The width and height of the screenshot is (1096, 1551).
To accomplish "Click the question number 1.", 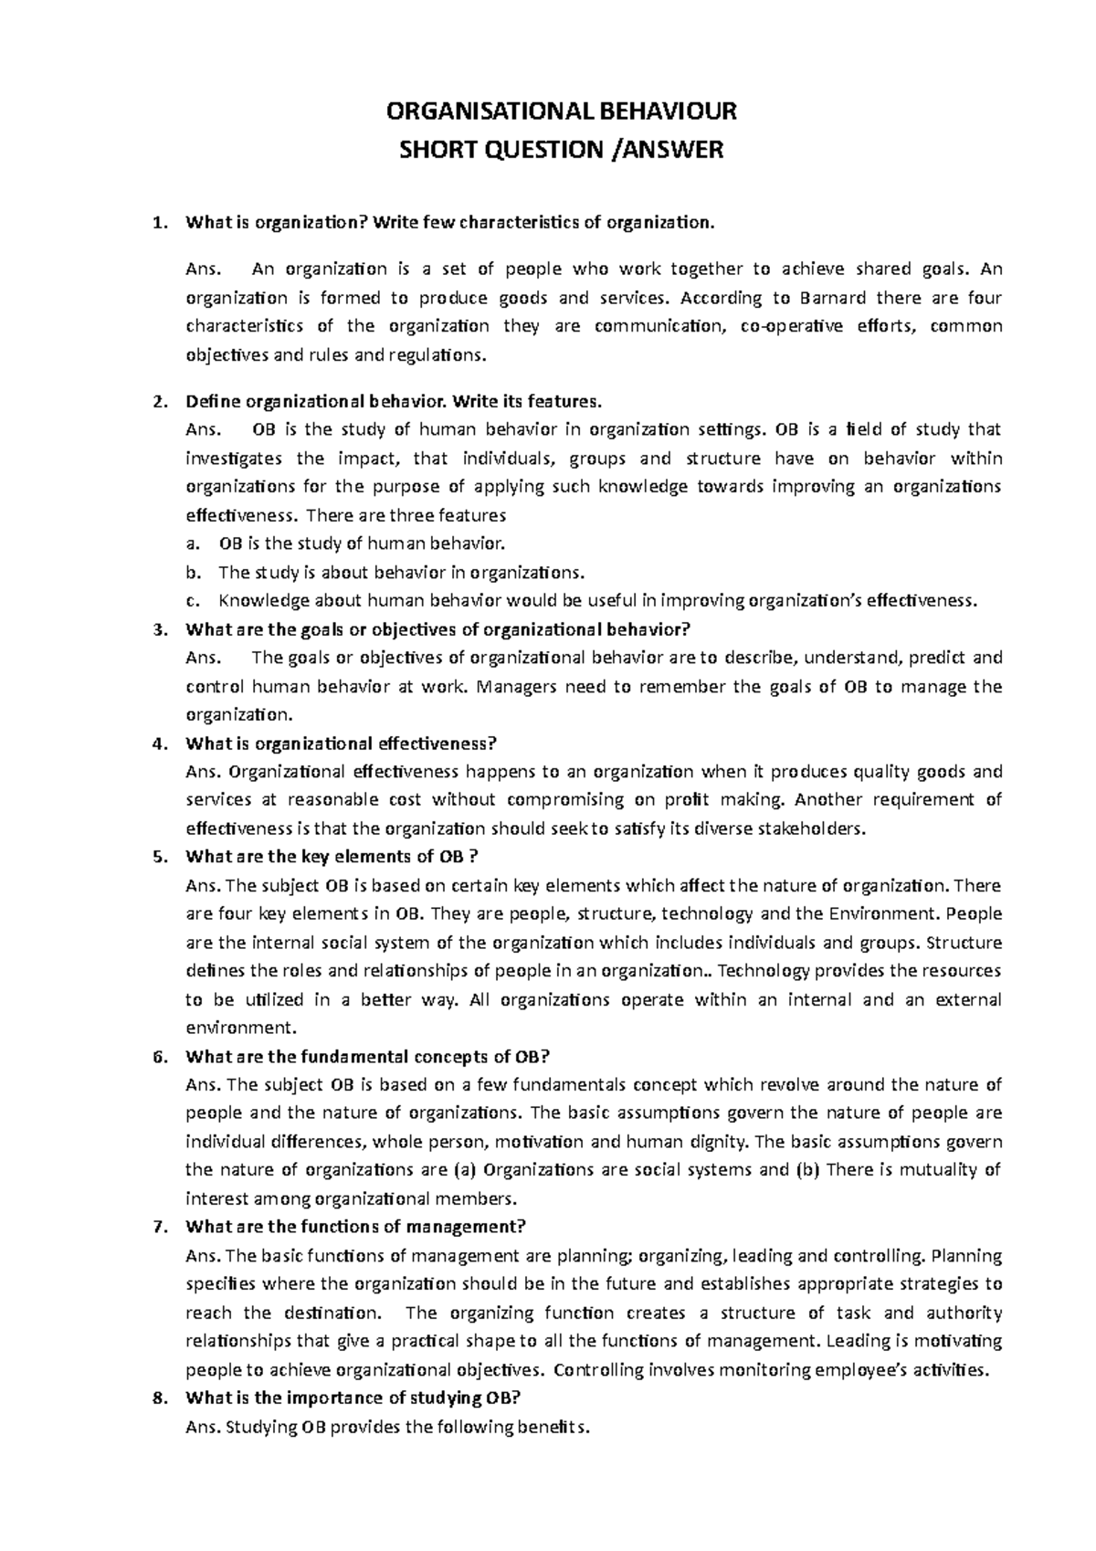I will coord(161,222).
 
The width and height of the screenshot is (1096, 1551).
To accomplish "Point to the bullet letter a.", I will coord(190,544).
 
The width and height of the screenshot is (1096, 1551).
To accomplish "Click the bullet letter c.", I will coord(190,601).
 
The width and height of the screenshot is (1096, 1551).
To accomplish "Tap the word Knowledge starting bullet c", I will coord(263,601).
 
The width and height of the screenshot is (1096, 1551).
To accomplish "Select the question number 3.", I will coord(161,629).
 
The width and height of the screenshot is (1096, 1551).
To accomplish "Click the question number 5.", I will coord(161,857).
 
